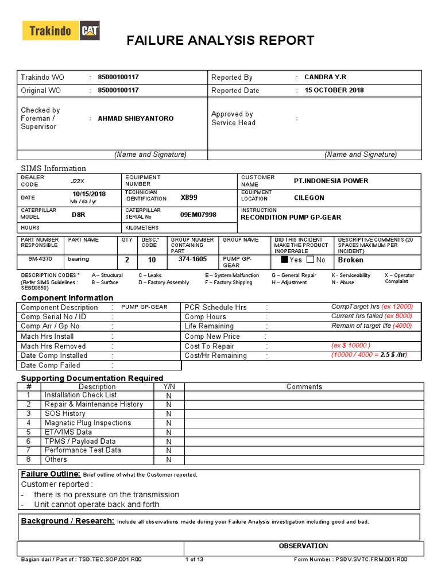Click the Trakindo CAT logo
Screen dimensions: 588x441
coord(61,31)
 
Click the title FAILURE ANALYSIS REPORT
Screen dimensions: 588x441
coord(220,40)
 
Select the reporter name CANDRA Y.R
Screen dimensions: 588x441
coord(325,77)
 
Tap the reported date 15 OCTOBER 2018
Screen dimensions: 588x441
coord(334,90)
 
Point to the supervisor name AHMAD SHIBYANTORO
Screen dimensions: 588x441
coord(136,118)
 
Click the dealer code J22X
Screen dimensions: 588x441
coord(77,181)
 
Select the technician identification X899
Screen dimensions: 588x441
coord(189,198)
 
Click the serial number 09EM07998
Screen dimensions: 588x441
coord(198,214)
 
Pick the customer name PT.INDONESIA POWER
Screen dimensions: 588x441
coord(331,181)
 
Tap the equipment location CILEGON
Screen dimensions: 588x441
coord(309,198)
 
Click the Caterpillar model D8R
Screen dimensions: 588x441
coord(78,214)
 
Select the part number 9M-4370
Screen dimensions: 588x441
coord(41,259)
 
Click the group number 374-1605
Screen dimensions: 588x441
coord(192,259)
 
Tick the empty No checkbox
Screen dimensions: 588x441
coord(310,260)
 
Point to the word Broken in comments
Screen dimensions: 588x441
coord(350,260)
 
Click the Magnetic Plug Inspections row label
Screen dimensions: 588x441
coord(88,423)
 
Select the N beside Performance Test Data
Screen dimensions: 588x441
coord(169,450)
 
